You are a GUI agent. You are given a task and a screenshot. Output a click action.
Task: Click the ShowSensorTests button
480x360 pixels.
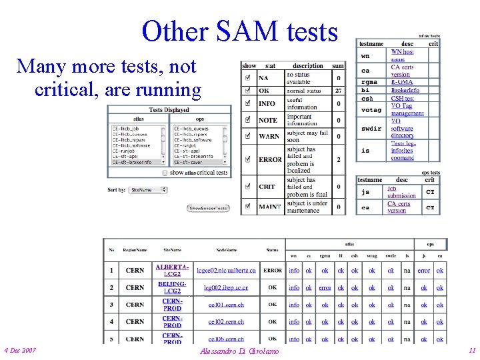pyautogui.click(x=208, y=208)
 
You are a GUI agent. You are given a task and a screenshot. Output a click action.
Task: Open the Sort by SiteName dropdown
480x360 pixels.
pyautogui.click(x=147, y=190)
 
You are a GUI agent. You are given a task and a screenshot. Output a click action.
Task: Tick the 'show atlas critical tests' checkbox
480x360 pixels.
pyautogui.click(x=165, y=173)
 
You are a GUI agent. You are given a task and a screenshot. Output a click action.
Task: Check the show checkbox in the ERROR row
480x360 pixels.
pyautogui.click(x=247, y=159)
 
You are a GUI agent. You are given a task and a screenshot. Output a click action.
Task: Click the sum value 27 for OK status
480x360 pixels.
pyautogui.click(x=338, y=90)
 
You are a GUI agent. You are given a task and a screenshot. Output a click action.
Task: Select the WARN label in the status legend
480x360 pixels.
pyautogui.click(x=269, y=137)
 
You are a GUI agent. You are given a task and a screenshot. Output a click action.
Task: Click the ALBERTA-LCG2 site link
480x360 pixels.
pyautogui.click(x=172, y=271)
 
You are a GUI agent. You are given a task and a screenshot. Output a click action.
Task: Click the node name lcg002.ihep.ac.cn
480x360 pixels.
pyautogui.click(x=225, y=288)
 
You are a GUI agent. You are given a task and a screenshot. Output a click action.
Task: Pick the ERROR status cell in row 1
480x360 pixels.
pyautogui.click(x=272, y=271)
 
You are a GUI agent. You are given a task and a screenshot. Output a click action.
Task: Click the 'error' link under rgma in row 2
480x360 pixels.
pyautogui.click(x=325, y=288)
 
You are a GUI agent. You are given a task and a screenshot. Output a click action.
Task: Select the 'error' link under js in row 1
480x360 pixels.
pyautogui.click(x=423, y=271)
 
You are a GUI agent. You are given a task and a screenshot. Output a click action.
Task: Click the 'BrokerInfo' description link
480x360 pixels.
pyautogui.click(x=405, y=90)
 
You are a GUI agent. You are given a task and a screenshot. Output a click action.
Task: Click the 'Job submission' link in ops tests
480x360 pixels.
pyautogui.click(x=401, y=192)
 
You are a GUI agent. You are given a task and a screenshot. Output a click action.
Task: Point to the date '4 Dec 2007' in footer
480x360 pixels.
pyautogui.click(x=20, y=350)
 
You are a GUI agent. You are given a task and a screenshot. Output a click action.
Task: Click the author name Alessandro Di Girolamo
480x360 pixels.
pyautogui.click(x=239, y=351)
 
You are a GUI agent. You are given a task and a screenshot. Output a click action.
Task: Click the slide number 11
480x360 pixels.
pyautogui.click(x=472, y=350)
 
